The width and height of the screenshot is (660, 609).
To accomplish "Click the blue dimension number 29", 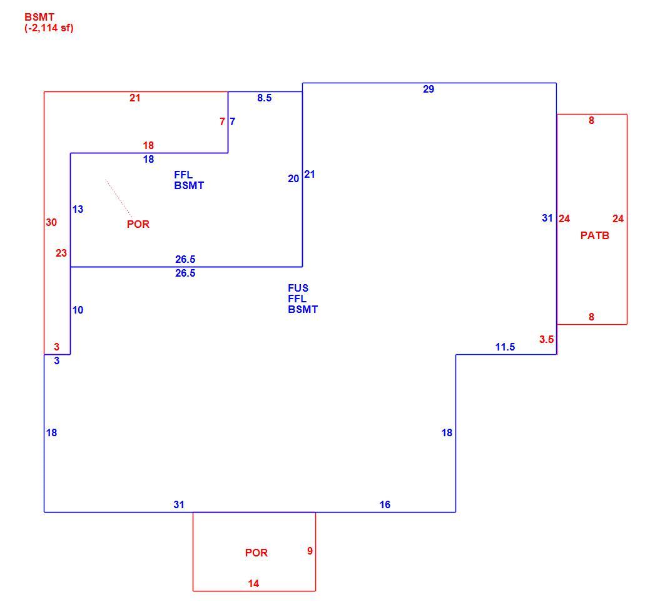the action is (429, 89).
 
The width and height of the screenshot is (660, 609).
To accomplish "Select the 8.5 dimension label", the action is (265, 98).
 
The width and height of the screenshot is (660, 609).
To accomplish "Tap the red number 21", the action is (135, 98).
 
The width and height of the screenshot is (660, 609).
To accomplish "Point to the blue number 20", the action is (293, 178).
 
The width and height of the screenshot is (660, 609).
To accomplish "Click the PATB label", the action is (595, 235).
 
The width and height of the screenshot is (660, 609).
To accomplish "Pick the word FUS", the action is (298, 288).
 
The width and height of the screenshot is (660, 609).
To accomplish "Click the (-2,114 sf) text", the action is (49, 28).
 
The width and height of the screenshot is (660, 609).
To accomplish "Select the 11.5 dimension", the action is (505, 347).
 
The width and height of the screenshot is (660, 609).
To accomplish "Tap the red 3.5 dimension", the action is (546, 339).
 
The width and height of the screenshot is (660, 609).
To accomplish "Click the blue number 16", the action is (385, 504).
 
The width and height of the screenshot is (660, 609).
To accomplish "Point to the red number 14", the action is (253, 583).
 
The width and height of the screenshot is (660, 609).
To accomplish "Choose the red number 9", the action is (310, 551).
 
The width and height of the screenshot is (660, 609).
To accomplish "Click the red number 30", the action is (51, 222).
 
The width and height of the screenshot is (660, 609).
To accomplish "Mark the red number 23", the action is (61, 253).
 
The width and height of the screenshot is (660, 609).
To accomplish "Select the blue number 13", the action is (78, 209).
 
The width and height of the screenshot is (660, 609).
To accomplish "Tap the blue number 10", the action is (78, 310).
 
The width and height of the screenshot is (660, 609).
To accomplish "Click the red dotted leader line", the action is (119, 199).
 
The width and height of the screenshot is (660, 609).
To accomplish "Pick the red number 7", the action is (222, 121).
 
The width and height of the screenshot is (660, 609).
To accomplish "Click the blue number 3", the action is (56, 361).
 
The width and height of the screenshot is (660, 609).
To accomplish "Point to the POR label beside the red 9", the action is (256, 553).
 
